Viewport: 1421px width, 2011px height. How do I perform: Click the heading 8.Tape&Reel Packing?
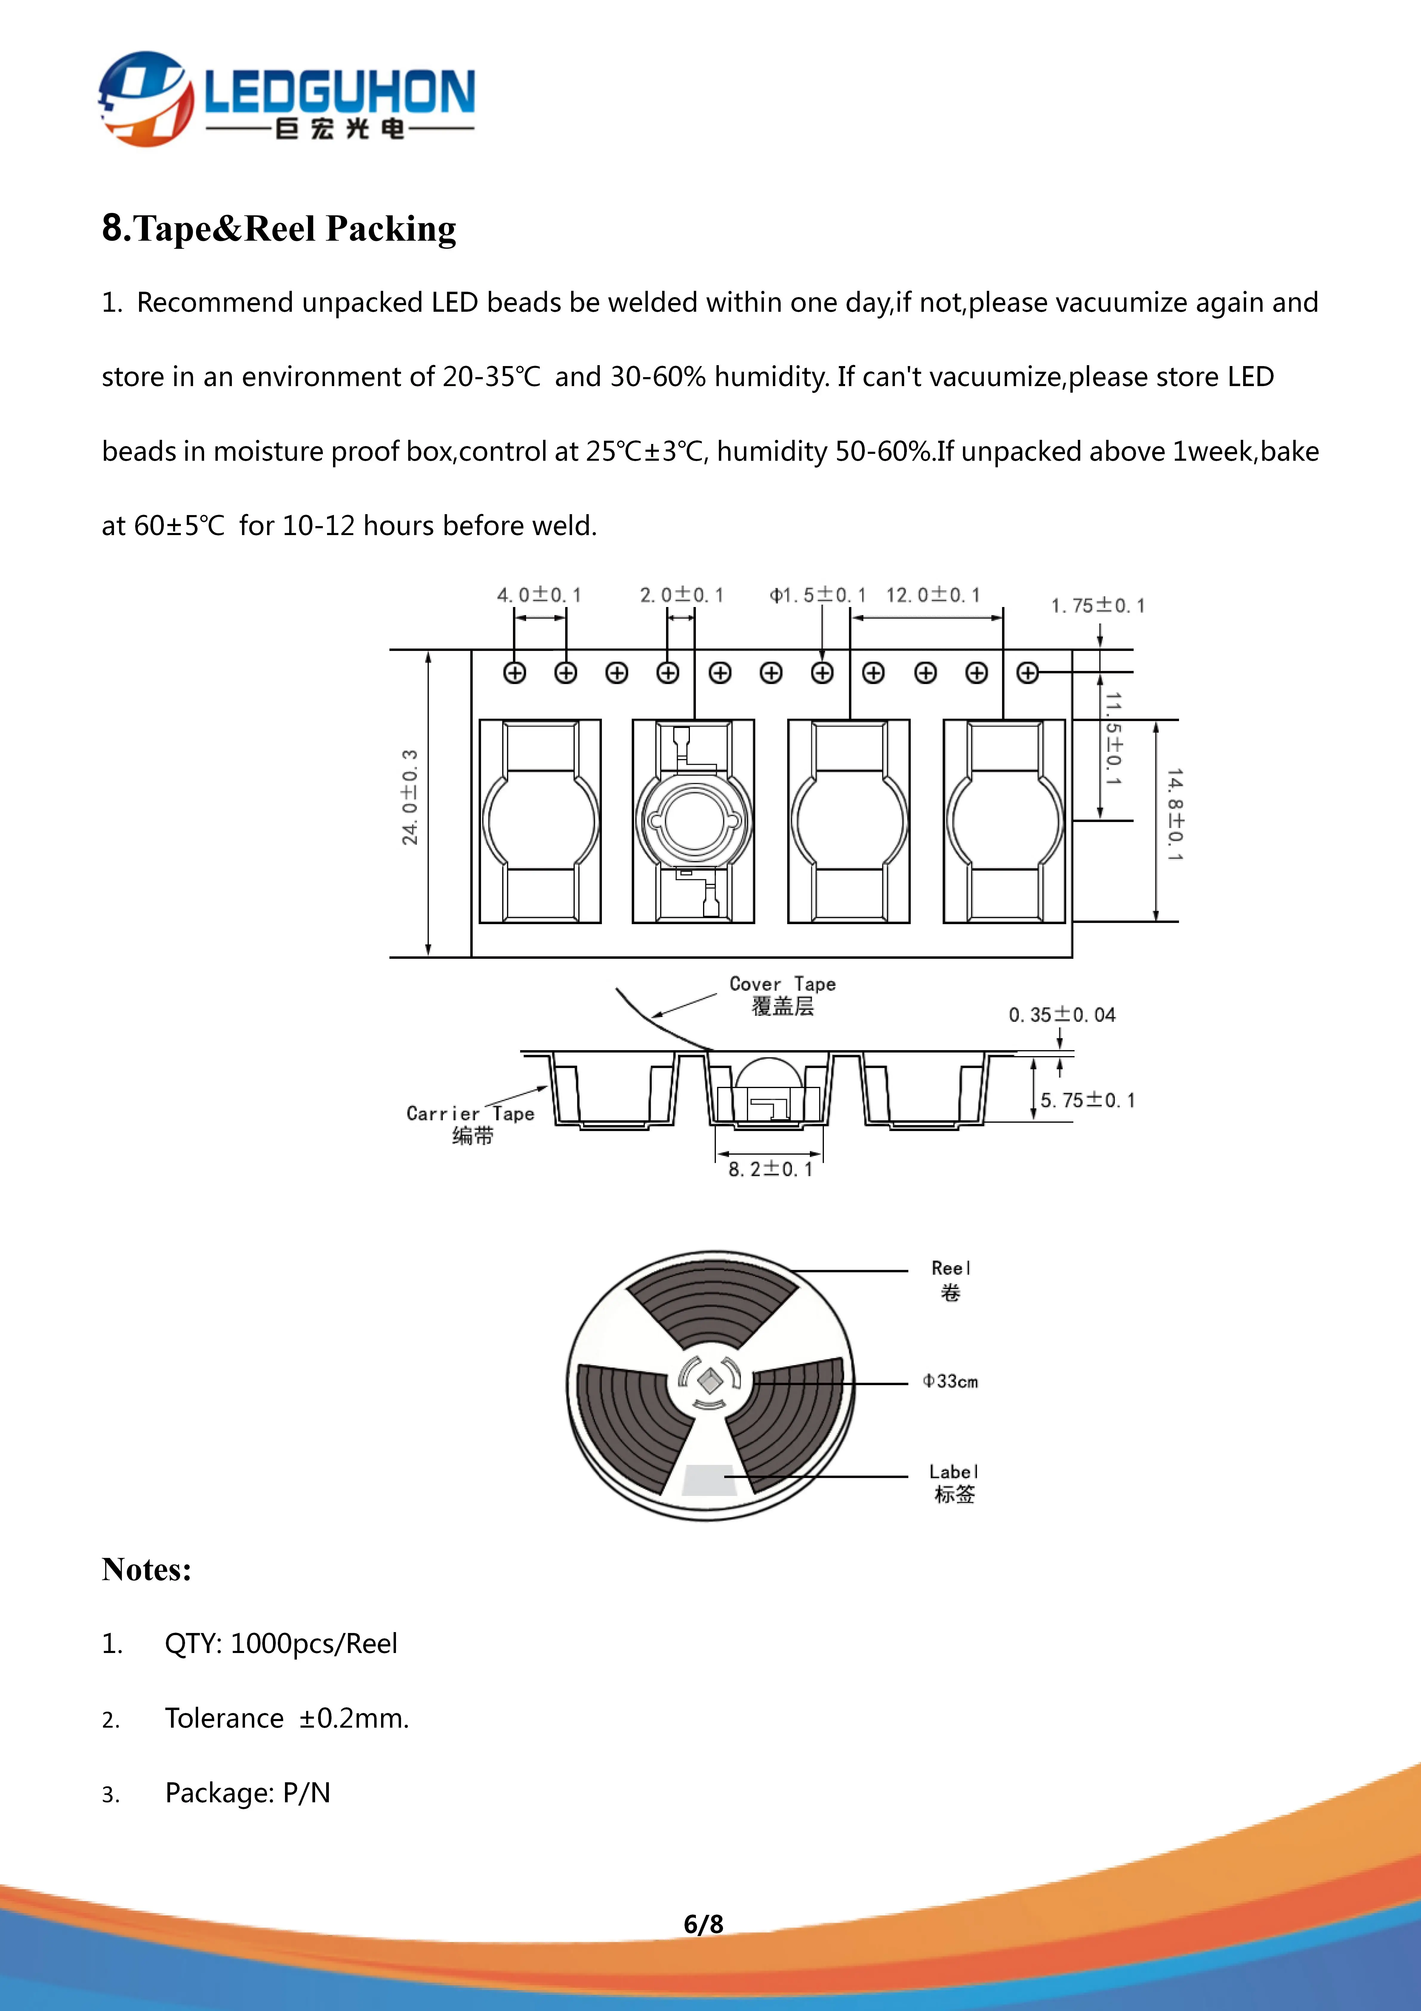pos(278,229)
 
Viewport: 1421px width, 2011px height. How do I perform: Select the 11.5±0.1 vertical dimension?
pos(1113,738)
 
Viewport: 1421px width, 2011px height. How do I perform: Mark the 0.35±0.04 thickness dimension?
pos(1062,1015)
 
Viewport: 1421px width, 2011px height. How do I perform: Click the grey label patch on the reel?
pos(708,1479)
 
